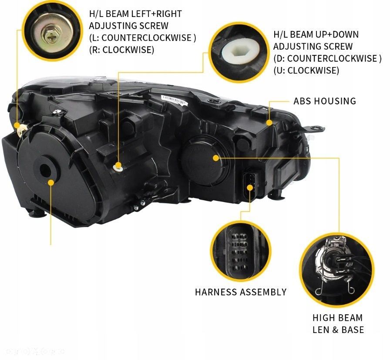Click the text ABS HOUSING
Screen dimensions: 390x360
(x=325, y=101)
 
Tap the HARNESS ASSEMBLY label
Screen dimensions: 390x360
(x=241, y=292)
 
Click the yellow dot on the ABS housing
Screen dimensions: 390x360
(x=269, y=123)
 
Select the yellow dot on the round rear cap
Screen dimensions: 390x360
(x=215, y=158)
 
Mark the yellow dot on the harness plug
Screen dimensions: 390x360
(x=250, y=187)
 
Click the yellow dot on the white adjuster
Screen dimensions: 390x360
(x=118, y=165)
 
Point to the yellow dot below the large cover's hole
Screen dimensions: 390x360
(x=51, y=183)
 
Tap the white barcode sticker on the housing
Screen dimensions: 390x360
(x=174, y=100)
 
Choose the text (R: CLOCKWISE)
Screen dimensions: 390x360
(x=121, y=50)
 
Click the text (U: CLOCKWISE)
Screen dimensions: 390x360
(x=306, y=71)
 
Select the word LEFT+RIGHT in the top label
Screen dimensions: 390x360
(x=156, y=13)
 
